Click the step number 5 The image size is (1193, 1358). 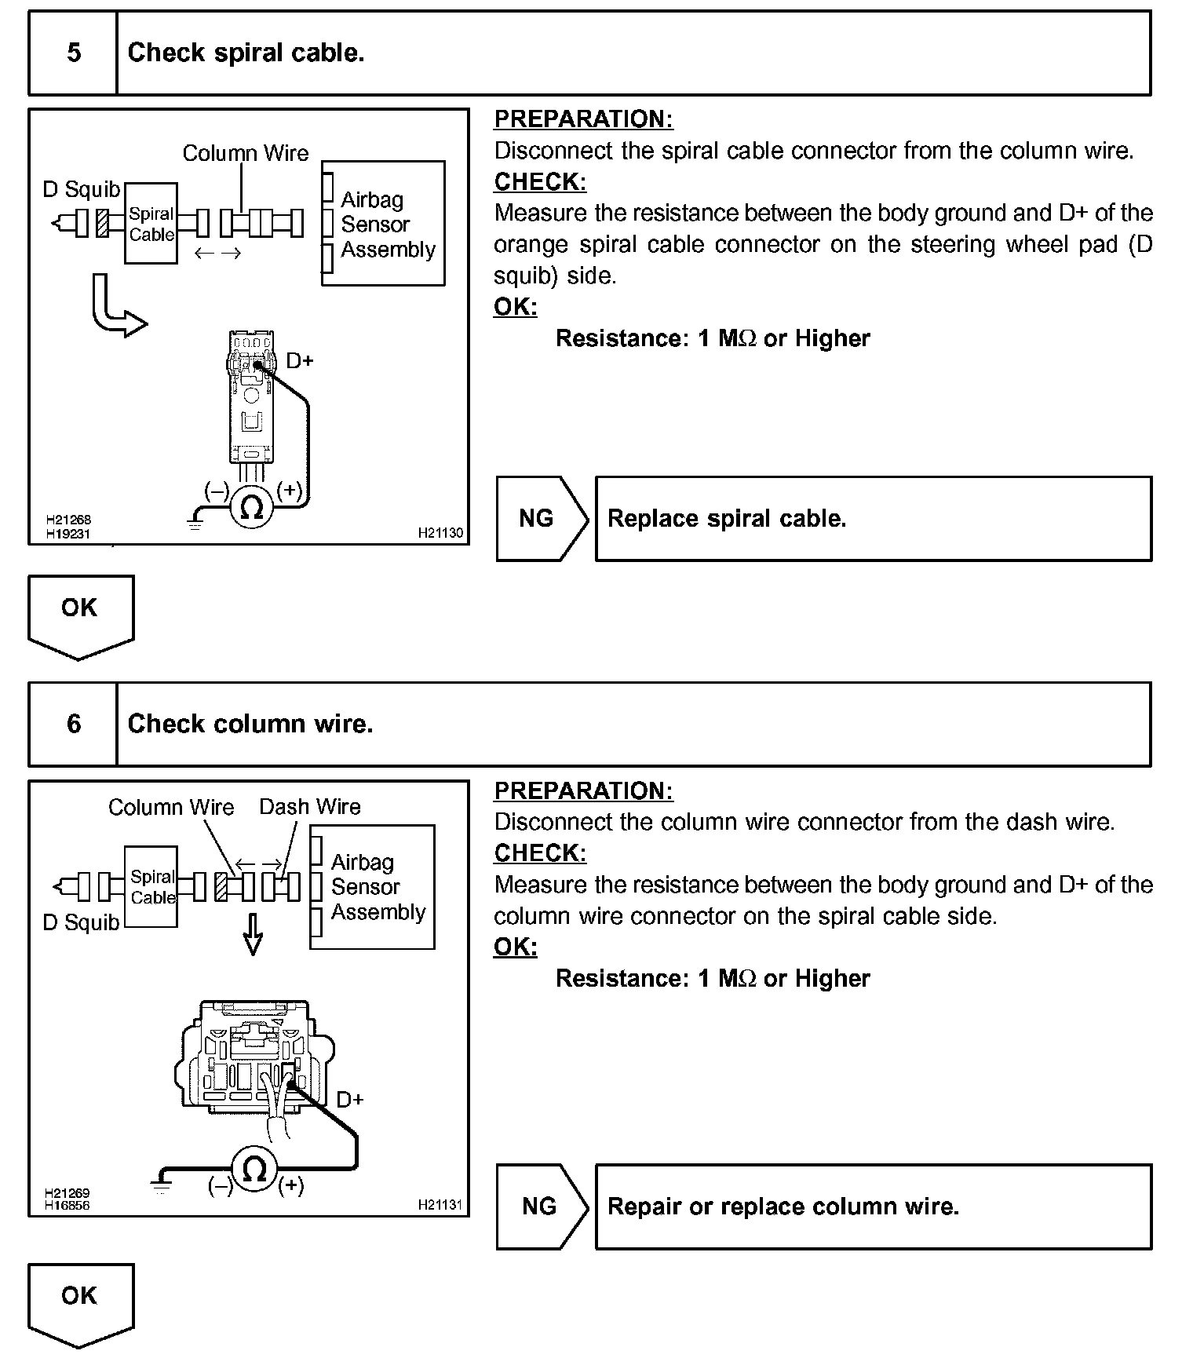73,53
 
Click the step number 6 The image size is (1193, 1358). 73,724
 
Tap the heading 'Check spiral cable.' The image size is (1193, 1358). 246,53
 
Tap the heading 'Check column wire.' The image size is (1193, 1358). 250,724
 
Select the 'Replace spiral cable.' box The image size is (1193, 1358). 873,519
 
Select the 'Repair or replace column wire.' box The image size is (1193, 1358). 873,1207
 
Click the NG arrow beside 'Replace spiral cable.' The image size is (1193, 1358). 541,519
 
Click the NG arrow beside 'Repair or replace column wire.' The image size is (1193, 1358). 541,1207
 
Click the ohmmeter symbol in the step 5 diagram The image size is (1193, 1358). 251,507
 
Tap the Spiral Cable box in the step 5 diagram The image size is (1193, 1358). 151,224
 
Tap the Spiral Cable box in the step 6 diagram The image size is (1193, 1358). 151,887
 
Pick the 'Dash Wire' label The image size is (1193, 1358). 310,807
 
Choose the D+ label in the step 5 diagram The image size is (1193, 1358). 299,361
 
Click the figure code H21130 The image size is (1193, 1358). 440,533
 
